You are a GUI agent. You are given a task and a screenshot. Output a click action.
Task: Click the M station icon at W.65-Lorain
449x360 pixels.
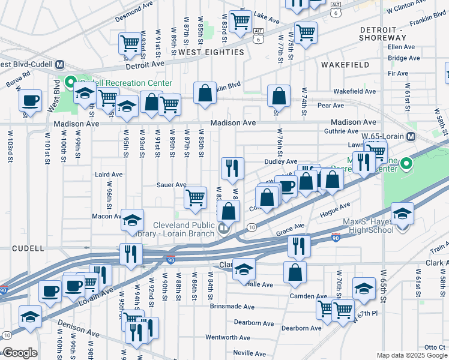(x=411, y=137)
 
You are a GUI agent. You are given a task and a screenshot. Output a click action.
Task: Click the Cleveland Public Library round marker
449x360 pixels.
(x=223, y=227)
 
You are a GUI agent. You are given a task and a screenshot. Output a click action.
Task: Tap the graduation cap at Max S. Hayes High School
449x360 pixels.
(x=402, y=213)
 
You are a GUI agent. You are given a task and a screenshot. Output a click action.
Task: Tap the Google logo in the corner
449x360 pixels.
(x=19, y=353)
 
